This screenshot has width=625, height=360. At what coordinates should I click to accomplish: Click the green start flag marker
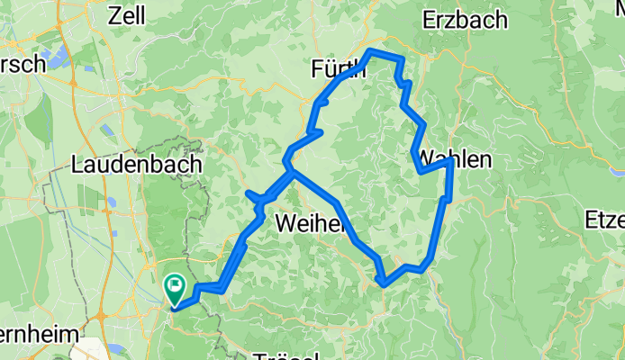click(x=174, y=288)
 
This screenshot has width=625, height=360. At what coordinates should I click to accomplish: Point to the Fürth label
click(x=334, y=69)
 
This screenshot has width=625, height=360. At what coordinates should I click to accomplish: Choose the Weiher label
click(x=311, y=222)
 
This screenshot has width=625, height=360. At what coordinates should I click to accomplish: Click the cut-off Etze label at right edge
click(x=604, y=219)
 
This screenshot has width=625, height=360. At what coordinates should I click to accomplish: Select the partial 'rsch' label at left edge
click(x=22, y=65)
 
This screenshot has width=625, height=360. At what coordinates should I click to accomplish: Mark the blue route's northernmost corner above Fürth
click(x=372, y=50)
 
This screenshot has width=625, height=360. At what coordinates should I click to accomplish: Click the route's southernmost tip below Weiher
click(x=385, y=284)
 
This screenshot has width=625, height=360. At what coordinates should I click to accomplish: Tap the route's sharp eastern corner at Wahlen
click(x=448, y=162)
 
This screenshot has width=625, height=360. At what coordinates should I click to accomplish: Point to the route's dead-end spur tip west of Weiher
click(x=248, y=193)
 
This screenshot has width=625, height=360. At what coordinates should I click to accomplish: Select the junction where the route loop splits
click(x=288, y=167)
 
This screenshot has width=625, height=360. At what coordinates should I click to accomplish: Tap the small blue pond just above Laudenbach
click(x=108, y=131)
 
